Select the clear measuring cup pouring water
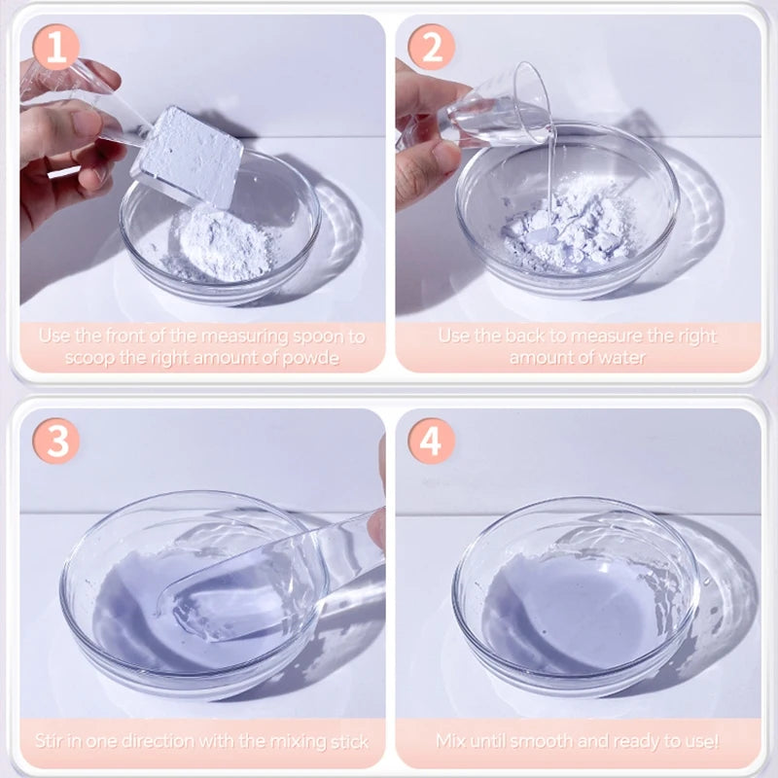point(501,107)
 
